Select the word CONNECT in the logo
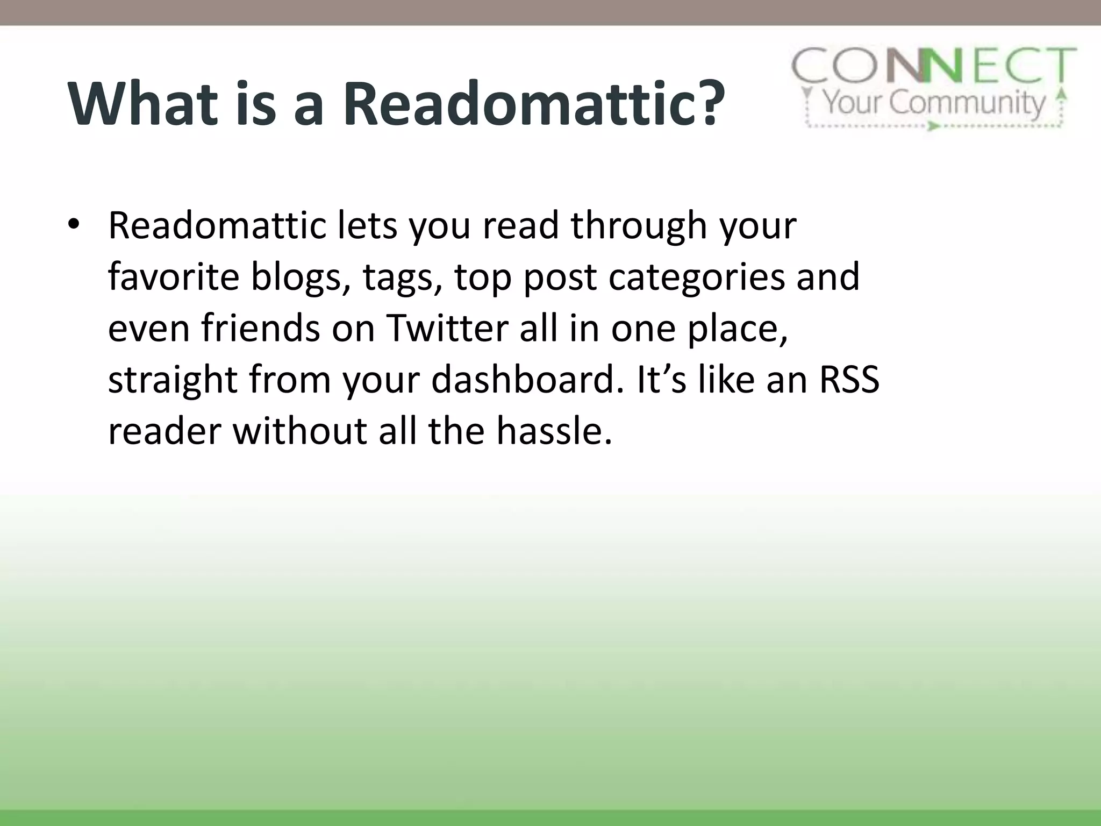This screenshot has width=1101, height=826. coord(934,66)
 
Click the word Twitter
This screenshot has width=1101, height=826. coord(447,328)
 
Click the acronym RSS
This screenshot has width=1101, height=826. coord(849,380)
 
